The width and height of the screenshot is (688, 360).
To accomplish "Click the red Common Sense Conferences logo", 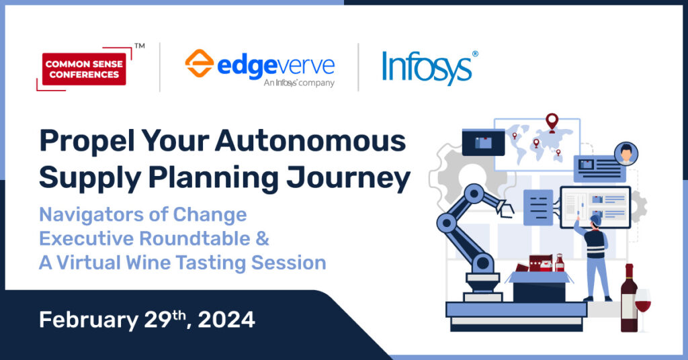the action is click(x=84, y=69).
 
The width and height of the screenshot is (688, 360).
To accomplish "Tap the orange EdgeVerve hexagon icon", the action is click(x=199, y=63).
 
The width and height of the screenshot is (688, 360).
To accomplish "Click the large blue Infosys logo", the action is click(x=430, y=68).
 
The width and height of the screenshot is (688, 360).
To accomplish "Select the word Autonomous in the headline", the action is click(x=310, y=141).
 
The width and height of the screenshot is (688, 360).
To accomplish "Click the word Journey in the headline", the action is click(x=349, y=179).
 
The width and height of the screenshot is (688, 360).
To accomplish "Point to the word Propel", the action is click(x=87, y=142).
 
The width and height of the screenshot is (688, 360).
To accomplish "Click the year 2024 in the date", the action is click(x=226, y=320).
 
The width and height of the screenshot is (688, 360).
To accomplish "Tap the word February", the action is click(x=89, y=320).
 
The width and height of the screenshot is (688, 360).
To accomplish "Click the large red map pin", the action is click(x=552, y=123).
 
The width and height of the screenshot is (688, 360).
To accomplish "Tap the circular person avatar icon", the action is click(x=626, y=154).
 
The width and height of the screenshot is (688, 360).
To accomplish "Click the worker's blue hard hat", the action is click(x=595, y=219).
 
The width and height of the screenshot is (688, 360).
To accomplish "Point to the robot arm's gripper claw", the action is click(x=505, y=208).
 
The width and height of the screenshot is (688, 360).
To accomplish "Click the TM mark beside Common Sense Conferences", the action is click(x=140, y=46).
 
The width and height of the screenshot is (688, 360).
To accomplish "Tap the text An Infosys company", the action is click(x=299, y=83).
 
